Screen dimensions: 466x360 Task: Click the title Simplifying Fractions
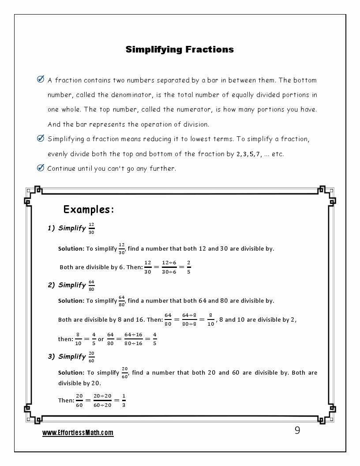[180, 49]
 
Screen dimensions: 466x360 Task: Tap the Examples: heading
[89, 210]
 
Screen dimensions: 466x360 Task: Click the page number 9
[297, 431]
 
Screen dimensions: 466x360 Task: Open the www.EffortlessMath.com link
[78, 433]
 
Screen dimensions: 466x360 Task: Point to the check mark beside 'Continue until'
[41, 168]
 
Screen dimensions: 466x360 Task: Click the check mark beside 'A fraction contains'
[41, 80]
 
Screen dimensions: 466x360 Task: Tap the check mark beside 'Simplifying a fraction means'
[41, 139]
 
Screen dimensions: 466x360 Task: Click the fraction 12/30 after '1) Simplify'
[91, 228]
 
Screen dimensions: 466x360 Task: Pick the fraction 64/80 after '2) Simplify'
[91, 285]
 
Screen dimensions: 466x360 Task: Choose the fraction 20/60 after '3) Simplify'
[91, 357]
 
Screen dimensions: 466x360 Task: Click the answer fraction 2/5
[188, 267]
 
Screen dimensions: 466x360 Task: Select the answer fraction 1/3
[124, 400]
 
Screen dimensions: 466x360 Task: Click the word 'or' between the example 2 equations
[101, 339]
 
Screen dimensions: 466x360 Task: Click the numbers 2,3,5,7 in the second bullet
[249, 154]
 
